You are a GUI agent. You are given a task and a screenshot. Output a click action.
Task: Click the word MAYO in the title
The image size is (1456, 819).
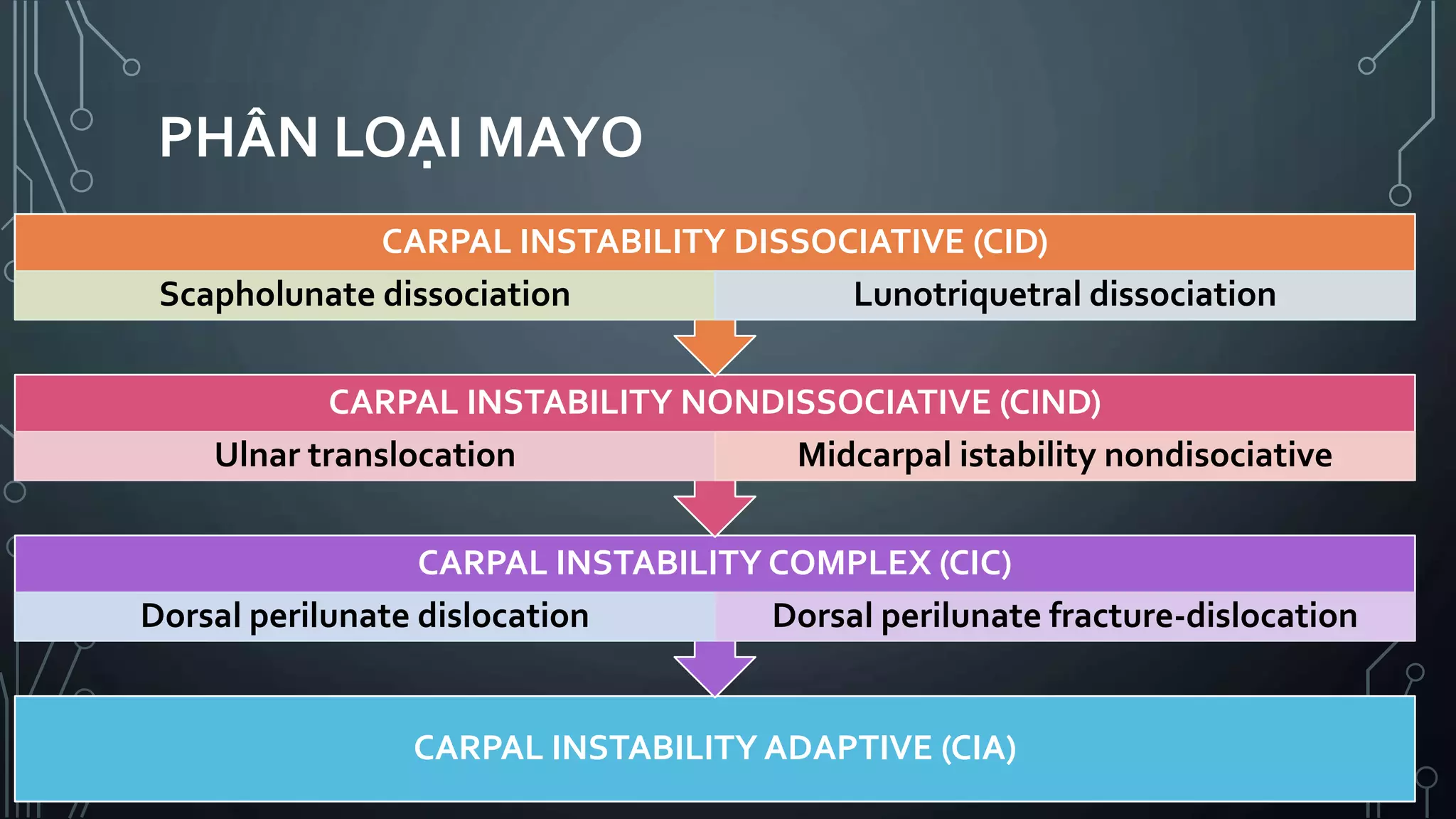coord(560,138)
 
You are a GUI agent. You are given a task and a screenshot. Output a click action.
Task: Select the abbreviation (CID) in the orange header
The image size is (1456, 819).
coord(1010,242)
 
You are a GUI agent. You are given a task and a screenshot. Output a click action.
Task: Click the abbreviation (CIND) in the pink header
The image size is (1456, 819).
coord(1050,402)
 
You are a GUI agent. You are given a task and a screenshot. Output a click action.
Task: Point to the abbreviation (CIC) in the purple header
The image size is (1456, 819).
coord(975,563)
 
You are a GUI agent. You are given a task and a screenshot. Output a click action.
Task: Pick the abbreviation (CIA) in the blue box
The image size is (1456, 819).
coord(978,748)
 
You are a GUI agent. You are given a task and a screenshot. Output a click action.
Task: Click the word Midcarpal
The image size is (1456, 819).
coord(874,456)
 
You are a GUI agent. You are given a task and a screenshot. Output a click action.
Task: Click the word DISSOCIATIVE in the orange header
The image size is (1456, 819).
coord(849,242)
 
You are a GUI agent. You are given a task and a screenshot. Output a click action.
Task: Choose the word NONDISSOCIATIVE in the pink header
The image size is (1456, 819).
coord(835,402)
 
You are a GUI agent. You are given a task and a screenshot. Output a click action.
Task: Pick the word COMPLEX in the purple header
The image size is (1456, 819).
coord(850,563)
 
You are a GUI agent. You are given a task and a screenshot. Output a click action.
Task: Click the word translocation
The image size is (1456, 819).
coord(412,455)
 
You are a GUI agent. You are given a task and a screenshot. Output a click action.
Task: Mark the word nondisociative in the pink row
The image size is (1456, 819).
coord(1218,455)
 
